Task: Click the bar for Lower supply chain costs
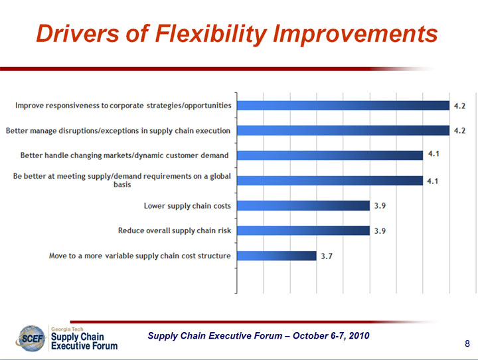(303, 206)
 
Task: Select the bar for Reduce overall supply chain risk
(303, 230)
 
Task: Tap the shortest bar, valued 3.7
(277, 256)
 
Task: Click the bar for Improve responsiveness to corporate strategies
(343, 106)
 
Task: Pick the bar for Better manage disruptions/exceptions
(343, 130)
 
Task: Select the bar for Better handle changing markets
(330, 155)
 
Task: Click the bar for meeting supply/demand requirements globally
(330, 181)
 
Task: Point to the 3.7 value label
(327, 256)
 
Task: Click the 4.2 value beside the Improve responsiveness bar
(459, 106)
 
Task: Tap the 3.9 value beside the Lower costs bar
(380, 206)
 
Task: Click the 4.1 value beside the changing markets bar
(434, 153)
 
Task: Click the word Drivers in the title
(78, 33)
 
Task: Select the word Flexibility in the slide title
(211, 35)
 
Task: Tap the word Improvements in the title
(355, 35)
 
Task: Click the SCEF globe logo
(31, 338)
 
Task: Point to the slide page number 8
(467, 344)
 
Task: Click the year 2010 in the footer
(359, 335)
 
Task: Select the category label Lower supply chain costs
(187, 206)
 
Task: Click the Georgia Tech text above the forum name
(67, 329)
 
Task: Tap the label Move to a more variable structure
(140, 256)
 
